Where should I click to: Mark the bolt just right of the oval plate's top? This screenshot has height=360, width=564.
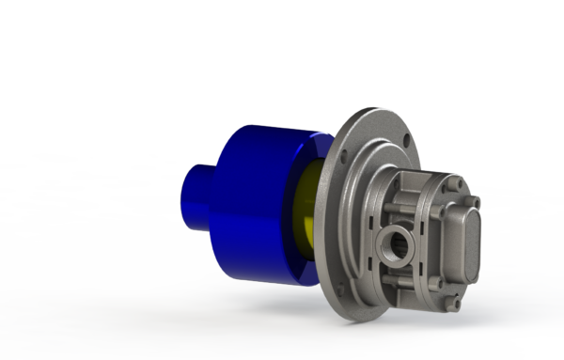pyautogui.click(x=475, y=201)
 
